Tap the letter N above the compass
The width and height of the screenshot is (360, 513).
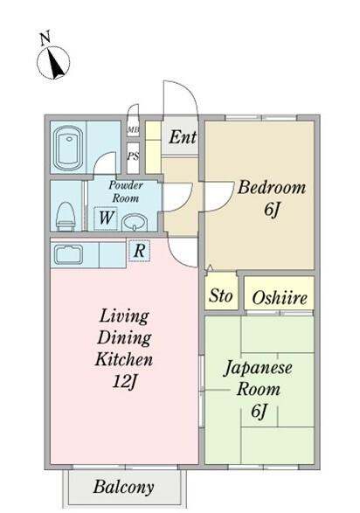coord(45,38)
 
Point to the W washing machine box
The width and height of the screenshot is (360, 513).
coord(105,217)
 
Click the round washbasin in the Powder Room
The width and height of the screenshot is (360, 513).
coord(133,223)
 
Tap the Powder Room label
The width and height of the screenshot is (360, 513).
coord(125,191)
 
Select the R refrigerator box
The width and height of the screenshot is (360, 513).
coord(139,251)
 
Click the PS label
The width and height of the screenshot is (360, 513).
coord(133,157)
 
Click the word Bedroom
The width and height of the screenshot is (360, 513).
coord(271,187)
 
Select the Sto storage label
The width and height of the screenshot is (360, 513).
coord(221,296)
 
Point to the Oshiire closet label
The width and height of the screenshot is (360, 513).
coord(279,298)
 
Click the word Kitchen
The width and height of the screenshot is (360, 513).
coord(124,359)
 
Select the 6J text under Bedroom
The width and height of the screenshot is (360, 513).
coord(271,211)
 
